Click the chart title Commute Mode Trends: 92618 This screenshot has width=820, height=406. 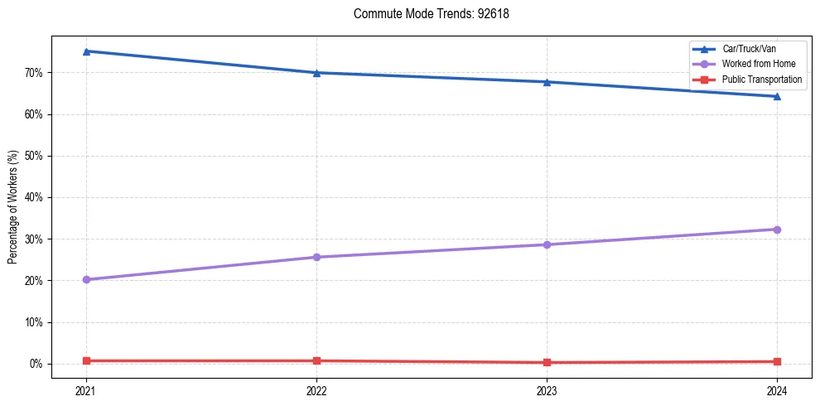click(425, 14)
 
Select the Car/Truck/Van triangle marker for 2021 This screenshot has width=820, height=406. click(86, 51)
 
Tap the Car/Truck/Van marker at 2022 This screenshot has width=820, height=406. click(316, 73)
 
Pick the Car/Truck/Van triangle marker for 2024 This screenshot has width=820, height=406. click(777, 96)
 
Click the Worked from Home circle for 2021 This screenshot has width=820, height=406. click(86, 279)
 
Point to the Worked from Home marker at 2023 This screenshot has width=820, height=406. click(547, 244)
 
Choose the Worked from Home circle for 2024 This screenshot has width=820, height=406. click(777, 230)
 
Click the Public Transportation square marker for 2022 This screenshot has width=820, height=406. click(316, 360)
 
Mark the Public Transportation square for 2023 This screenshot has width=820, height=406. click(547, 362)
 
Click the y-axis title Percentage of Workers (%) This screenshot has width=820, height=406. click(14, 207)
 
